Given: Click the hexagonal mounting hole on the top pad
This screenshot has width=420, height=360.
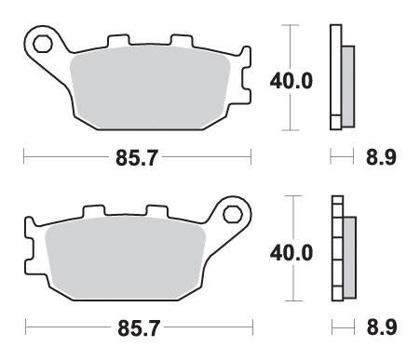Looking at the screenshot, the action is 42,44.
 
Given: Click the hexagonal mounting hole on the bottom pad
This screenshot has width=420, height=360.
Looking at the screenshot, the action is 233,214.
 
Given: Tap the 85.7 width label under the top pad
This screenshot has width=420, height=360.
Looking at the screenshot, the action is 137,158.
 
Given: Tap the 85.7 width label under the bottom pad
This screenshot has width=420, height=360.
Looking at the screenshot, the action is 139,328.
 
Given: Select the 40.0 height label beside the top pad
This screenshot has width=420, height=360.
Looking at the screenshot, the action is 291,81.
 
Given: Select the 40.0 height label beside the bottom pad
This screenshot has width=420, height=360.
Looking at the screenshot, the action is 291,253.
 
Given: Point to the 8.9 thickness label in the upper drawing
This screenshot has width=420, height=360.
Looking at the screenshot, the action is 381,157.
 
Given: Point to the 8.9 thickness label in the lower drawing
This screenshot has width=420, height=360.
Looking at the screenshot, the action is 382,327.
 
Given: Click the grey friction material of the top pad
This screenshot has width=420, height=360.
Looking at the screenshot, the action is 151,87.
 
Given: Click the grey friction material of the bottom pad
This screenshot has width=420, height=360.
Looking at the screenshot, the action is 125,259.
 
